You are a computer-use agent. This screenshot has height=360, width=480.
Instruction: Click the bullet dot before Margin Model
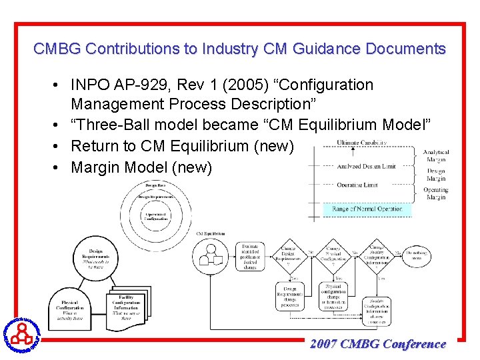pyautogui.click(x=59, y=167)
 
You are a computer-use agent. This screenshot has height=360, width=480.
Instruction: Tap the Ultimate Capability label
pyautogui.click(x=361, y=143)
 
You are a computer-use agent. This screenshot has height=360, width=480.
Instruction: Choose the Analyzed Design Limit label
pyautogui.click(x=366, y=166)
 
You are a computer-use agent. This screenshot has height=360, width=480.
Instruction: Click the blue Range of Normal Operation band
pyautogui.click(x=367, y=209)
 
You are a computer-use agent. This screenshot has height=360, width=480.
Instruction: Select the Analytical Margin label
pyautogui.click(x=436, y=156)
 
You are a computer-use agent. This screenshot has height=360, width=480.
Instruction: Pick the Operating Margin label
pyautogui.click(x=436, y=193)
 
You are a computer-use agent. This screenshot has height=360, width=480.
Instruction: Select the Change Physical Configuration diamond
pyautogui.click(x=334, y=256)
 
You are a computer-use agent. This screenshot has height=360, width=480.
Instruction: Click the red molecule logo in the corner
pyautogui.click(x=22, y=331)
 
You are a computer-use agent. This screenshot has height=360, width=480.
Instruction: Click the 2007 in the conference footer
pyautogui.click(x=324, y=344)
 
